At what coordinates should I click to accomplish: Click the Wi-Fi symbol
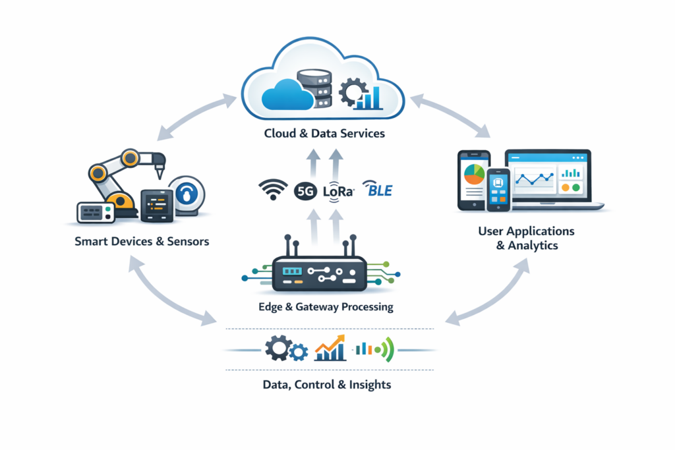pos(272,190)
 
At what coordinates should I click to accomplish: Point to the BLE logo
pos(378,190)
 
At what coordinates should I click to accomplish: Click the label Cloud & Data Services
pos(324,134)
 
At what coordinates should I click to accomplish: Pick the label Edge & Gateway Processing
pos(326,306)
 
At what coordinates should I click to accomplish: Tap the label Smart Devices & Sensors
pos(142,241)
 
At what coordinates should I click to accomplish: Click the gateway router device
pos(319,273)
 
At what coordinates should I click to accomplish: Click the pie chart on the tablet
pos(474,174)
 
